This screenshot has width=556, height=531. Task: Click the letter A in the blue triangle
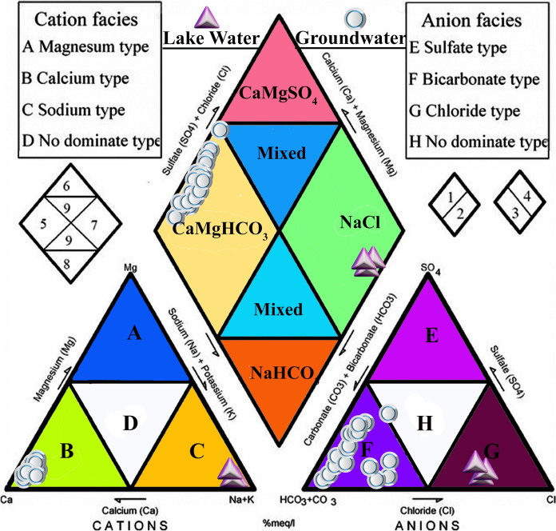point(134,335)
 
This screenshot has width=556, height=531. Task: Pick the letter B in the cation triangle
point(67,451)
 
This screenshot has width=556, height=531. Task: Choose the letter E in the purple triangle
point(432,337)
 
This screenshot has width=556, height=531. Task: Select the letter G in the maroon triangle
point(492,452)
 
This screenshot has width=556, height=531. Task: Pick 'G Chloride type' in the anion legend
point(467,110)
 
